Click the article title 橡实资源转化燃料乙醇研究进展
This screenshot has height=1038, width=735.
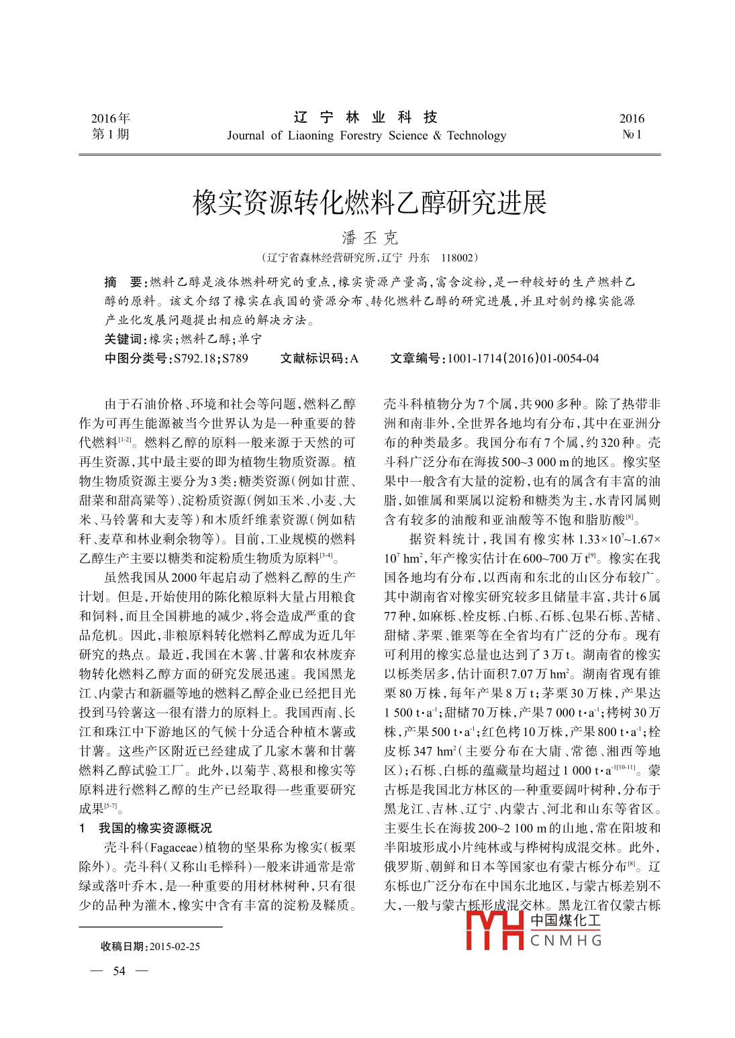click(370, 203)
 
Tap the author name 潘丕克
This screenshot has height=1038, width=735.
click(370, 238)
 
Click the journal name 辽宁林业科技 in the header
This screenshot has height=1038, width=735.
click(366, 117)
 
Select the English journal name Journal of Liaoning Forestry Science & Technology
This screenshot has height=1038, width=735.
click(366, 136)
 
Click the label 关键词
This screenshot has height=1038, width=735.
click(124, 339)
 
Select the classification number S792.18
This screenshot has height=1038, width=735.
click(195, 358)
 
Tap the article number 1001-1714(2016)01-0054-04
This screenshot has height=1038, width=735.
click(523, 358)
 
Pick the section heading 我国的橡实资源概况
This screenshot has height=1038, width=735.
click(155, 828)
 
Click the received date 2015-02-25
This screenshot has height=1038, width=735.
click(175, 946)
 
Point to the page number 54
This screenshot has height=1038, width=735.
click(119, 971)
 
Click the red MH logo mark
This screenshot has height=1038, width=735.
click(495, 929)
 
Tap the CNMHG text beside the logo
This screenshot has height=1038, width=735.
click(566, 941)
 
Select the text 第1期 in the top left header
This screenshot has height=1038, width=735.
click(110, 134)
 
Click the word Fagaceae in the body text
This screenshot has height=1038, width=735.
click(181, 847)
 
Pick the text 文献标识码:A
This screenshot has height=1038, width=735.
click(319, 358)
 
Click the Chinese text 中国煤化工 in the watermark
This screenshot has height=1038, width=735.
click(566, 920)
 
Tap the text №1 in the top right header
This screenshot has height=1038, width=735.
click(632, 134)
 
